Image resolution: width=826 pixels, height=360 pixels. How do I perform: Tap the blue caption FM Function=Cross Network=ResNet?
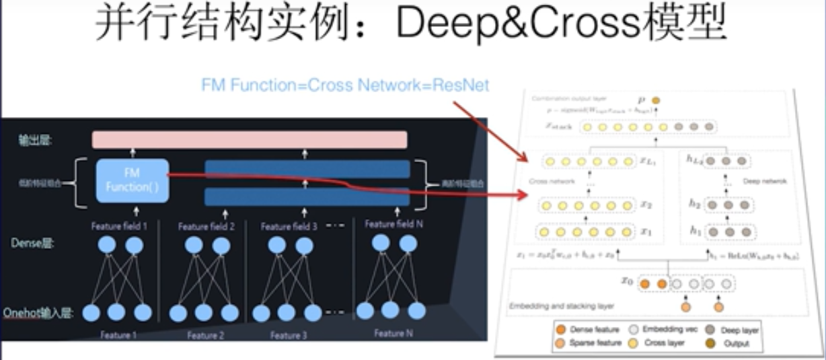[345, 85]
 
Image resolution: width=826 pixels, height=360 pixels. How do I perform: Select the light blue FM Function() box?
[133, 181]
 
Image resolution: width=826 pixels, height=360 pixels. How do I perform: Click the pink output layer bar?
[250, 140]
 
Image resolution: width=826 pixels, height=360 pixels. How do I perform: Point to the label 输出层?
[37, 140]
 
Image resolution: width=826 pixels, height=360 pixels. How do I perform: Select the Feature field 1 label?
[119, 226]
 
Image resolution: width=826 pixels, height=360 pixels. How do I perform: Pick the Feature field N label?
[393, 224]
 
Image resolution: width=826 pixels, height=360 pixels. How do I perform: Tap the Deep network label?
[763, 181]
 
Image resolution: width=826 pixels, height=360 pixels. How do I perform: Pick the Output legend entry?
[735, 344]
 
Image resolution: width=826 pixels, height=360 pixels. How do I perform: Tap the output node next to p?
[656, 100]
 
